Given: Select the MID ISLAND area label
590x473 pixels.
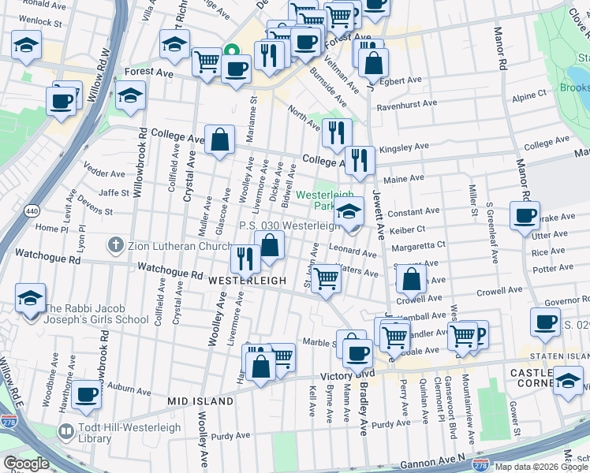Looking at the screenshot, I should (x=200, y=401).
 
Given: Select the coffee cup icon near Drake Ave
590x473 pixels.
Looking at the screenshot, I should (x=525, y=216).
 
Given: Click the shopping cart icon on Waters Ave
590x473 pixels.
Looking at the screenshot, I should (x=325, y=278).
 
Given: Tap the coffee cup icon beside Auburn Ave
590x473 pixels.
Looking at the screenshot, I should (x=87, y=394).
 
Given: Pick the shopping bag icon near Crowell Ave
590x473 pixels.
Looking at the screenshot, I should (x=412, y=279).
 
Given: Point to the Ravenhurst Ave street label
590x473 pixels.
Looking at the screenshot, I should (x=407, y=104).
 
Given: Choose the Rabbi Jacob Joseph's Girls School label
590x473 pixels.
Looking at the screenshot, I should (x=96, y=314).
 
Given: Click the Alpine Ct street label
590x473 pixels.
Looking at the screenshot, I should (x=529, y=95).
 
